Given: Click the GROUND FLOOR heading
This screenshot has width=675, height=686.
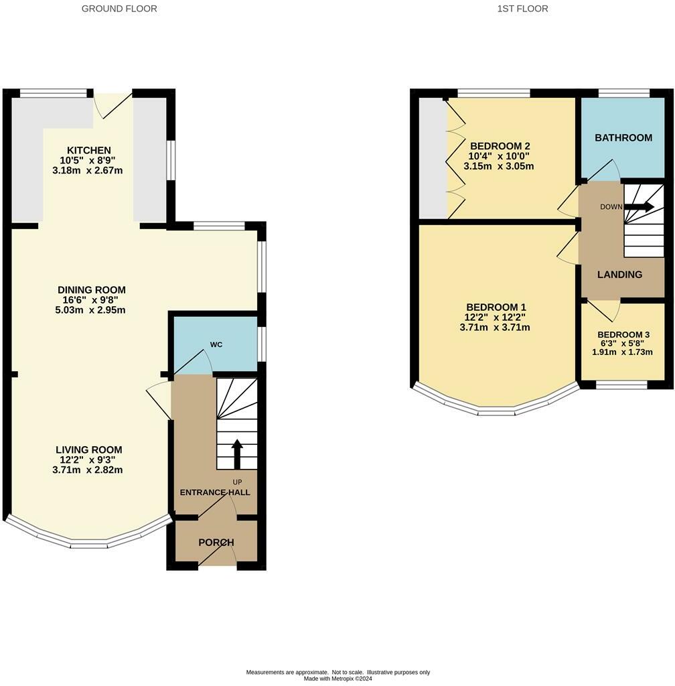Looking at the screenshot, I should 119,9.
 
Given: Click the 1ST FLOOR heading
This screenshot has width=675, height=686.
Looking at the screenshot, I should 523,9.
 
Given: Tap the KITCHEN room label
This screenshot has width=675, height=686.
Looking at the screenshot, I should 88,150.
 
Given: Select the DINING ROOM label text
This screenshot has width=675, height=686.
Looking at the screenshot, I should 91,290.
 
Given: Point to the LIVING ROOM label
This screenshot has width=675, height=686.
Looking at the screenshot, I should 88,450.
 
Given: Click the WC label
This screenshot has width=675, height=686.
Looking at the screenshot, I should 216,344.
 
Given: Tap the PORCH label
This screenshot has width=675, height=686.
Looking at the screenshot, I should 216,542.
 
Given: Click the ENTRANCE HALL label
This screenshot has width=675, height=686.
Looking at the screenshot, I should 215,492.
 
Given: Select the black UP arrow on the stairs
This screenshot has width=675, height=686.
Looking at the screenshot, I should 237,453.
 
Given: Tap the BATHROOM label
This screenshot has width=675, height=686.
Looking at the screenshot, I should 623,138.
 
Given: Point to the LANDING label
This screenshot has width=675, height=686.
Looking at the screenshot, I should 619,275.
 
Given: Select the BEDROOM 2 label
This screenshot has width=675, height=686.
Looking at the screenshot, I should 500,146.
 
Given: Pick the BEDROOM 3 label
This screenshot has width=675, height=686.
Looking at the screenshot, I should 623,334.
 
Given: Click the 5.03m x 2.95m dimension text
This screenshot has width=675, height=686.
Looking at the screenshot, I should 91,310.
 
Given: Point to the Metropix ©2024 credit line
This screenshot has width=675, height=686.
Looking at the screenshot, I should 337,679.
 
